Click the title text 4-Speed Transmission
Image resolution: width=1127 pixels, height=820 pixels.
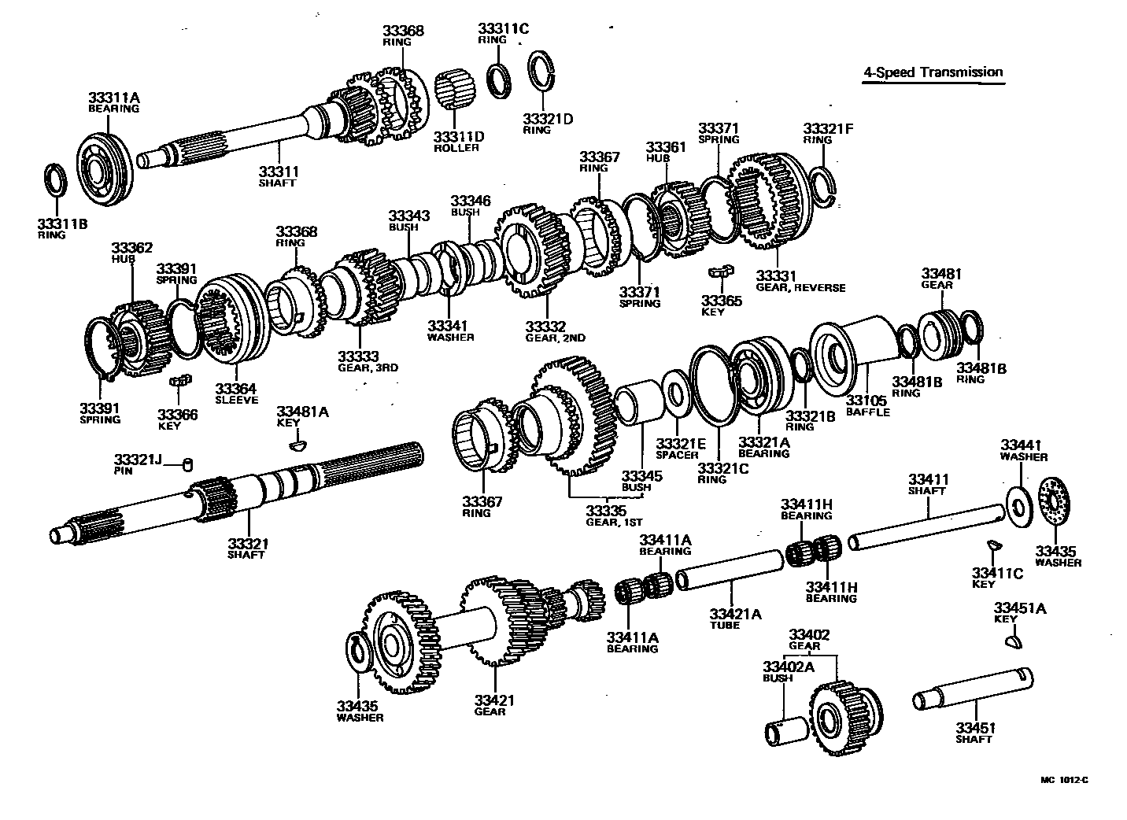click(933, 72)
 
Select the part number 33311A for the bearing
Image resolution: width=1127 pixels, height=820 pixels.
click(113, 98)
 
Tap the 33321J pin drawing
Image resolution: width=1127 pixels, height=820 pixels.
click(187, 464)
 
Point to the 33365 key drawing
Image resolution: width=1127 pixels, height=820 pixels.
click(720, 272)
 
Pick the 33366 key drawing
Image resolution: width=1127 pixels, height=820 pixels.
click(180, 382)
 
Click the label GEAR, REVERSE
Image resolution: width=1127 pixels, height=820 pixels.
click(800, 288)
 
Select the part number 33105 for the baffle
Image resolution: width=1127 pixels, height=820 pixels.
click(867, 401)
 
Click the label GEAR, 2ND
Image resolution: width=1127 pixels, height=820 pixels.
click(556, 338)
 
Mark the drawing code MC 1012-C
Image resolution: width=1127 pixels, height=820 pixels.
click(1064, 780)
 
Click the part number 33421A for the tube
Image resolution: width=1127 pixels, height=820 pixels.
click(735, 614)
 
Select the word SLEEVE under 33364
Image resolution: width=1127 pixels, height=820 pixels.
click(237, 401)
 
